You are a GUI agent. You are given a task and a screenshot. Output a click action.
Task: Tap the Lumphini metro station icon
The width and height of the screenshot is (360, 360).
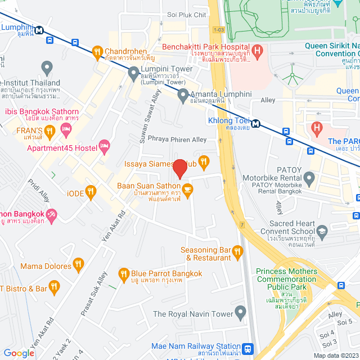(38, 31)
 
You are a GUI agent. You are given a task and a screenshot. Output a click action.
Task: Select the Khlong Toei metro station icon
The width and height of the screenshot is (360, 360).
(255, 123)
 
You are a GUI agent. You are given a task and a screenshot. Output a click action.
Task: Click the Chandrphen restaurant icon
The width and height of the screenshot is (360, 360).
(97, 52)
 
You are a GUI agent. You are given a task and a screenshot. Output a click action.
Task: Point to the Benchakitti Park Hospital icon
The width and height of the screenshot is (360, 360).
(258, 52)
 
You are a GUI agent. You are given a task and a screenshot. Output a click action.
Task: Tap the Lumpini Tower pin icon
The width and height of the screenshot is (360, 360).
(133, 72)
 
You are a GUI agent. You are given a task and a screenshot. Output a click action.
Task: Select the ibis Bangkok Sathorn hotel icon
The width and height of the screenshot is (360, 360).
(66, 129)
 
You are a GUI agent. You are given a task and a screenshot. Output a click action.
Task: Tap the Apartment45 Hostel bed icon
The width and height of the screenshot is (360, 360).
(104, 147)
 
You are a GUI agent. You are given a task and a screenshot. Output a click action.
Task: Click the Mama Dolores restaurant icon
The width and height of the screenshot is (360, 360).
(78, 263)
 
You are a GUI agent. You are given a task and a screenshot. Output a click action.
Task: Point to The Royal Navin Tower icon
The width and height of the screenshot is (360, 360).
(241, 312)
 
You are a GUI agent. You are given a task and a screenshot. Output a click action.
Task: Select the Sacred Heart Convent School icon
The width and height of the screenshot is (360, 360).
(322, 231)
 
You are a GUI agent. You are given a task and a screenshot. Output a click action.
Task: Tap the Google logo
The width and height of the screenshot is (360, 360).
(19, 353)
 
